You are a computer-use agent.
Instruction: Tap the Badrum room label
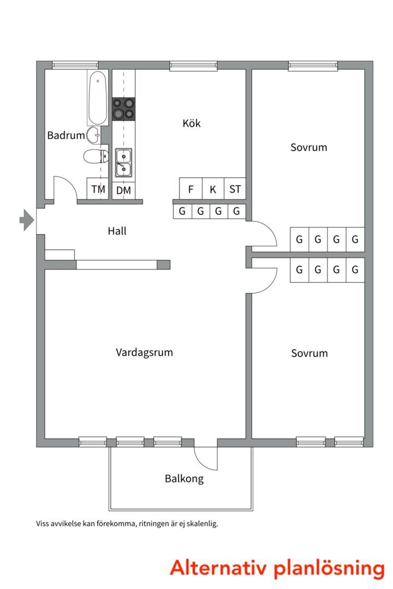(x=65, y=135)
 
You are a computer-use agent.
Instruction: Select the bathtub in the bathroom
(x=98, y=98)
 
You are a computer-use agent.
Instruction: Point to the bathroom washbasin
(x=94, y=133)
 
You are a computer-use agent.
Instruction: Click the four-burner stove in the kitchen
(x=123, y=109)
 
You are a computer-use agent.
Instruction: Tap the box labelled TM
(x=98, y=190)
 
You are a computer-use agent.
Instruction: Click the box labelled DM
(x=123, y=190)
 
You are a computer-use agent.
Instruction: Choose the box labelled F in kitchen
(x=190, y=190)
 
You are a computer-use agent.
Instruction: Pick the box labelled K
(x=213, y=190)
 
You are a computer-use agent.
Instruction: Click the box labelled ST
(x=235, y=190)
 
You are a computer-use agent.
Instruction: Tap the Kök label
(x=192, y=123)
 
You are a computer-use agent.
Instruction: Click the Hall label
(x=117, y=231)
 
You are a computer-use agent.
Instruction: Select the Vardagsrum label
(x=144, y=352)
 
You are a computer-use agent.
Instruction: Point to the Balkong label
(x=184, y=479)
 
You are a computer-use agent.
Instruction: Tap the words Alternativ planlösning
(x=277, y=567)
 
